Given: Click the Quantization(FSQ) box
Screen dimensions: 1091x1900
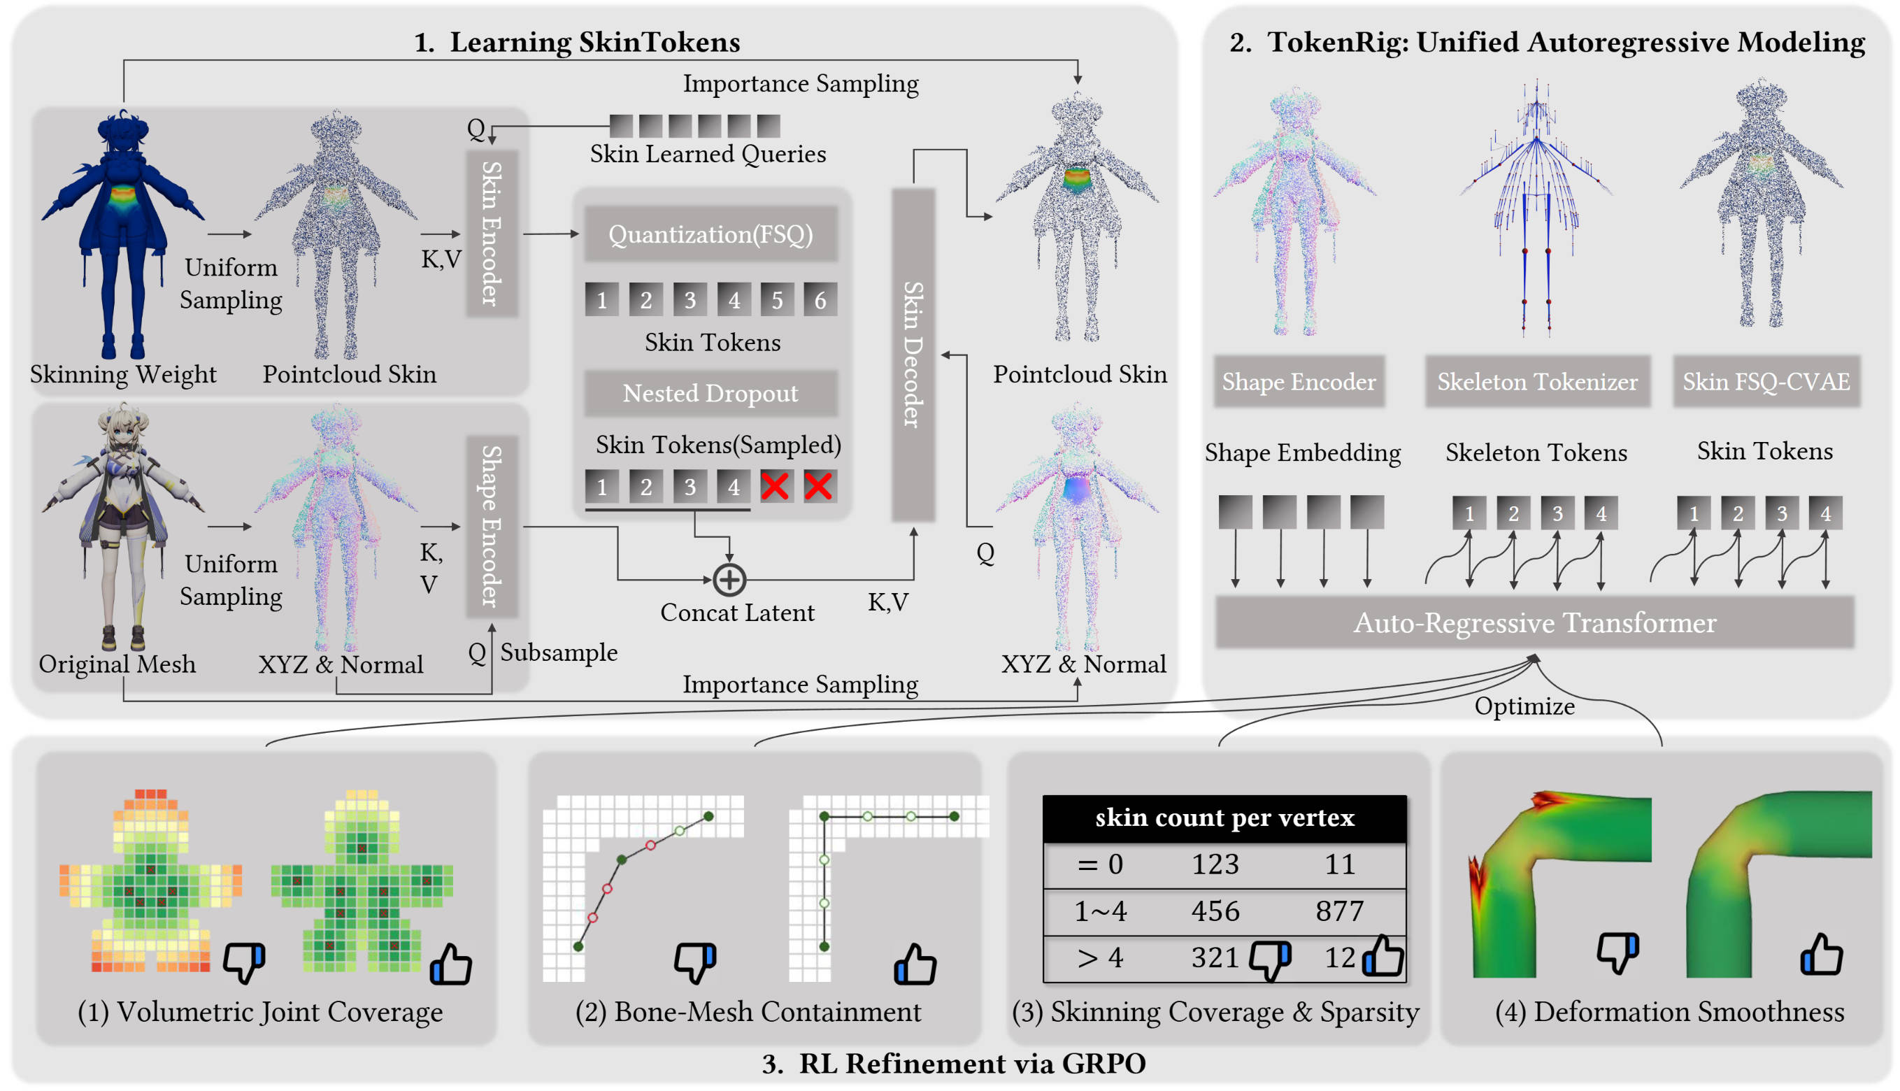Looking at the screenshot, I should tap(710, 234).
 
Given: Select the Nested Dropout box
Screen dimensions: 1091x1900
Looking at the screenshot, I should tap(710, 393).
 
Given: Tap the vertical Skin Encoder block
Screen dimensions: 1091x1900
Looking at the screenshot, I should tap(491, 234).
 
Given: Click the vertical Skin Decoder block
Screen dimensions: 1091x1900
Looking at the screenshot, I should tap(912, 355).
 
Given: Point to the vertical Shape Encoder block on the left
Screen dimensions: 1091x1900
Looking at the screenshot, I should tap(491, 526).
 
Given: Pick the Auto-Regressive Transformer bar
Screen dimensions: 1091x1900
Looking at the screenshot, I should tap(1534, 622).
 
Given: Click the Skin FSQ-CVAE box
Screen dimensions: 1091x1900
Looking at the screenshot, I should tap(1765, 382).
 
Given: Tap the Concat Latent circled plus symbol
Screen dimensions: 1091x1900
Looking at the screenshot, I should tap(728, 579).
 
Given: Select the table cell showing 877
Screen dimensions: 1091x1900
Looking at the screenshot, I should tap(1339, 911).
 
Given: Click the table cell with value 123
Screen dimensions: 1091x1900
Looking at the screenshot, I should tap(1215, 864).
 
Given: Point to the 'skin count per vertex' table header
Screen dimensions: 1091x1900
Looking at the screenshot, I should tap(1224, 818).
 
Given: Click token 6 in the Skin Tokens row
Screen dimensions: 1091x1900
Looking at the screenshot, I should tap(820, 301).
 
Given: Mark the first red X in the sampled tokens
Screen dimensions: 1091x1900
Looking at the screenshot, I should tap(774, 486).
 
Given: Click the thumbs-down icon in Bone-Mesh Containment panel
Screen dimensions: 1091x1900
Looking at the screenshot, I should tap(694, 962).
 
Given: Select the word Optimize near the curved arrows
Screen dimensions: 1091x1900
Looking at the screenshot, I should tap(1523, 706).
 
